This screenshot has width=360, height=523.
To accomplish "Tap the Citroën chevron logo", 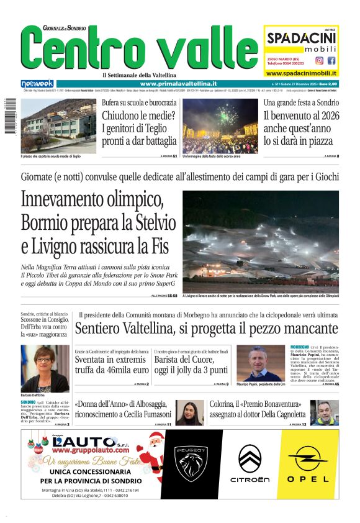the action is (250, 460).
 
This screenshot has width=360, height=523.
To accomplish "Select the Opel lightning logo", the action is (308, 459).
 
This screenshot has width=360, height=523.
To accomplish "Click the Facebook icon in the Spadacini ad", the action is (331, 61).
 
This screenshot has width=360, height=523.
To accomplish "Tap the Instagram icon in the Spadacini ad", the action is (319, 61).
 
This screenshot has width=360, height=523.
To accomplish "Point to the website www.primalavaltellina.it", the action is (178, 83).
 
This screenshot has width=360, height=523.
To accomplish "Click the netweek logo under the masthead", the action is (37, 83).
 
